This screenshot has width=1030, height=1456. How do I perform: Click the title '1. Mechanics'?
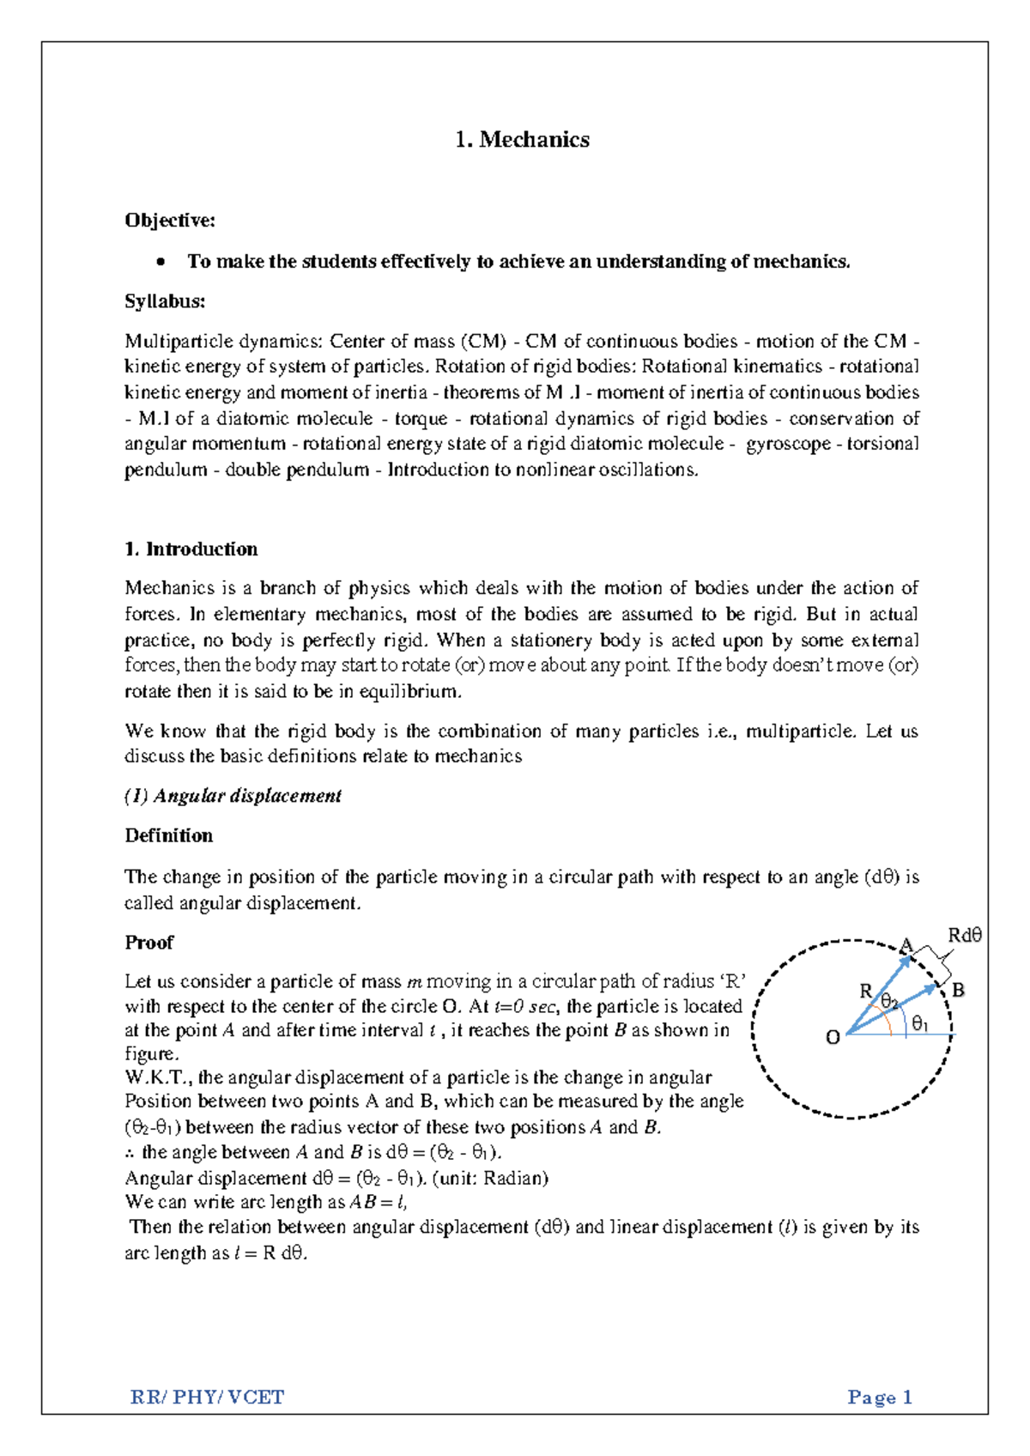[x=522, y=140]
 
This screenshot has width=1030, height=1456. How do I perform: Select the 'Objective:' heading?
[x=170, y=221]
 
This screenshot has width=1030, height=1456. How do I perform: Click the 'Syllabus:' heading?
[x=165, y=301]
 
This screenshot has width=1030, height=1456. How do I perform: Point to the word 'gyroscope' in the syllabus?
[x=789, y=444]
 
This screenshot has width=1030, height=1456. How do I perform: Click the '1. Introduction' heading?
[x=191, y=549]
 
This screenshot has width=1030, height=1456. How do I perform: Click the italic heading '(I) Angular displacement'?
[x=233, y=797]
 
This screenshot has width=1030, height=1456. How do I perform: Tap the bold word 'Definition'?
[x=169, y=836]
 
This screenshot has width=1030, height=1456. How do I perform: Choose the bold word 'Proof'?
[x=149, y=943]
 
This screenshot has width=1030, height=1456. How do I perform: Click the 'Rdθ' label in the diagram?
[x=964, y=936]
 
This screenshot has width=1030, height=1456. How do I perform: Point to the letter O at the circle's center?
[x=832, y=1038]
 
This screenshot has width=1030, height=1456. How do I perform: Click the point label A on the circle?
[x=906, y=945]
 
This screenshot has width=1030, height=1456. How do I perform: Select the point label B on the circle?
[x=959, y=990]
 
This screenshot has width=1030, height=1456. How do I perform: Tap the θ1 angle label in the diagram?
[x=920, y=1023]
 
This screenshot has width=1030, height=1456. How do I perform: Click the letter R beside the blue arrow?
[x=865, y=992]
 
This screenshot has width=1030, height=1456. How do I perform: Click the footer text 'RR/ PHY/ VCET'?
[x=207, y=1398]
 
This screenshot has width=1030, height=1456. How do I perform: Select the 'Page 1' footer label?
[x=880, y=1398]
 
